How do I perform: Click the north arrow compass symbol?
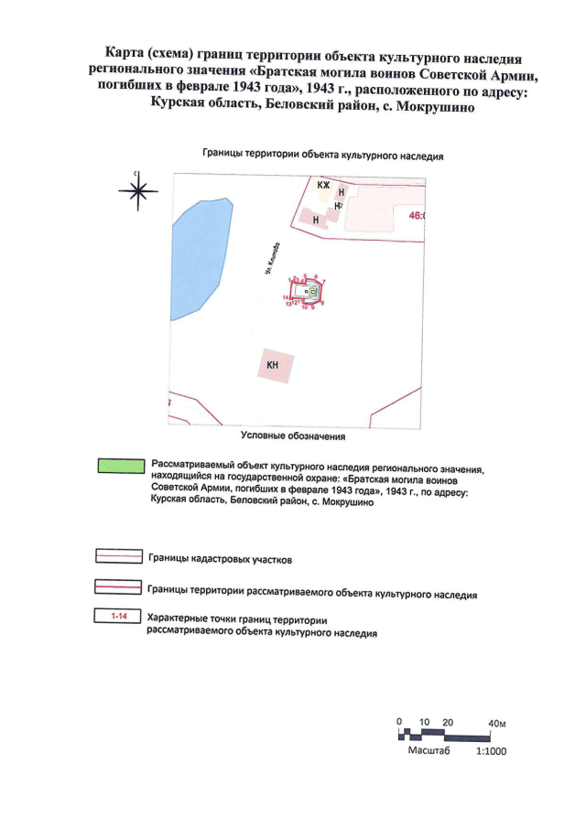(137, 190)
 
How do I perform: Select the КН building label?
(273, 366)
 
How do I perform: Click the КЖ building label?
(322, 186)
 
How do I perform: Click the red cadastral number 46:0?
(418, 216)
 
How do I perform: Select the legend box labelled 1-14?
(118, 618)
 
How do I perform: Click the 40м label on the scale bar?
(498, 723)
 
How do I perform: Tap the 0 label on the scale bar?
(400, 722)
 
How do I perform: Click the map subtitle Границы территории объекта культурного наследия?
(322, 156)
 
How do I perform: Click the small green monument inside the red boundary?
(312, 293)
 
